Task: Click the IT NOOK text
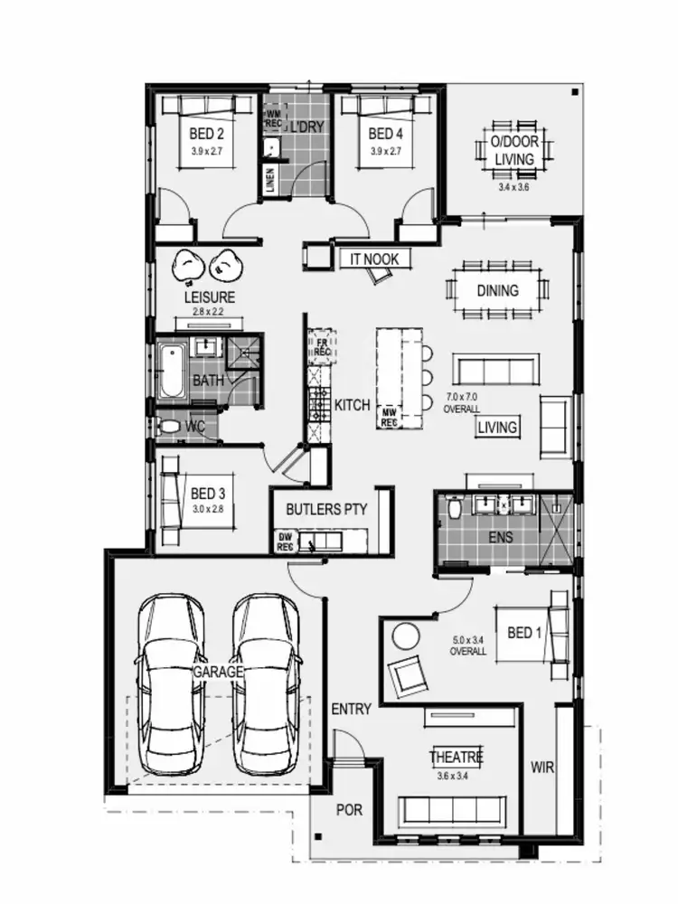click(374, 259)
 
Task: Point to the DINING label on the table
click(498, 291)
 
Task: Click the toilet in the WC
click(169, 425)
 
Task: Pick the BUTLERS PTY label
click(326, 509)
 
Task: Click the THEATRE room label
click(456, 757)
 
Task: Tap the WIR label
click(542, 768)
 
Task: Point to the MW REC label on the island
click(390, 415)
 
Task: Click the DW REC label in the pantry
click(285, 542)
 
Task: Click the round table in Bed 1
click(405, 636)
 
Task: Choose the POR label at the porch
click(349, 809)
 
